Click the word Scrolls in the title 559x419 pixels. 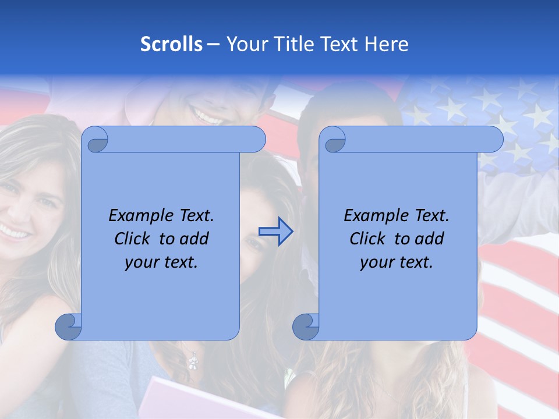pyautogui.click(x=171, y=44)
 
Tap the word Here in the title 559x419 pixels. pyautogui.click(x=387, y=44)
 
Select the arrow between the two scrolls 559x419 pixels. pyautogui.click(x=275, y=232)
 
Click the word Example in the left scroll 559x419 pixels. pyautogui.click(x=139, y=216)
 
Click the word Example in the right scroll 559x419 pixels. pyautogui.click(x=374, y=216)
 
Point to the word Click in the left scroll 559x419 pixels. pyautogui.click(x=133, y=239)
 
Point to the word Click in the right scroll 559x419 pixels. pyautogui.click(x=367, y=239)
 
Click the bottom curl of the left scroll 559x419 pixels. pyautogui.click(x=69, y=326)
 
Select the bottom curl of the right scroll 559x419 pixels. pyautogui.click(x=306, y=326)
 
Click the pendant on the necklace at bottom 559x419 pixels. pyautogui.click(x=192, y=363)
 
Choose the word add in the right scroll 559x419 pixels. pyautogui.click(x=429, y=239)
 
